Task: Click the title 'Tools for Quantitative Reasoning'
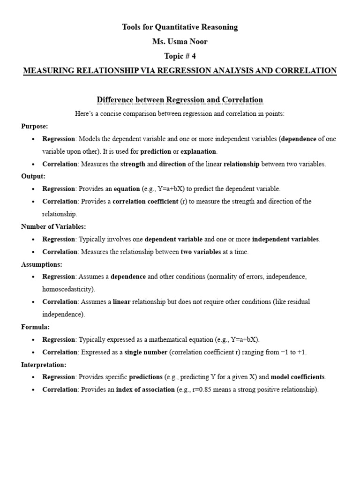pyautogui.click(x=180, y=27)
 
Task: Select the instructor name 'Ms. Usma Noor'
pyautogui.click(x=180, y=42)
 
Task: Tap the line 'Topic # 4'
pyautogui.click(x=180, y=56)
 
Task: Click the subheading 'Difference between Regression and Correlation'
pyautogui.click(x=180, y=100)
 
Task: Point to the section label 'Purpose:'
pyautogui.click(x=34, y=126)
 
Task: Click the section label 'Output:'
pyautogui.click(x=33, y=176)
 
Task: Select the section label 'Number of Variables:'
pyautogui.click(x=53, y=226)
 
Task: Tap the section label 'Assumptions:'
pyautogui.click(x=42, y=264)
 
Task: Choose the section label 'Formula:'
pyautogui.click(x=35, y=327)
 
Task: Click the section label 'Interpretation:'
pyautogui.click(x=44, y=364)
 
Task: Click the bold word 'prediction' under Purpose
pyautogui.click(x=156, y=151)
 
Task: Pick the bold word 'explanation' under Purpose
pyautogui.click(x=198, y=151)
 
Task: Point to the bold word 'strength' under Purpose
pyautogui.click(x=133, y=164)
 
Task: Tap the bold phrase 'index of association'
pyautogui.click(x=145, y=390)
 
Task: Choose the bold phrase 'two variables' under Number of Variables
pyautogui.click(x=201, y=252)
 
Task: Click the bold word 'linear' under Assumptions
pyautogui.click(x=121, y=302)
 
